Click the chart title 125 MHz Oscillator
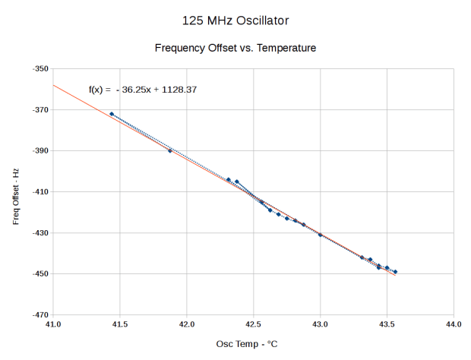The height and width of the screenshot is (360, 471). (235, 18)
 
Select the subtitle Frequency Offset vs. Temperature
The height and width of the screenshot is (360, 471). (235, 48)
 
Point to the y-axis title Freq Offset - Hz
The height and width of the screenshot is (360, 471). (16, 191)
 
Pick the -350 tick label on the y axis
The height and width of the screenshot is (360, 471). (40, 69)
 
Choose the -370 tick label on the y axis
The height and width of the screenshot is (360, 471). (40, 110)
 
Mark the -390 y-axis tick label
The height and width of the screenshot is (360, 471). (40, 151)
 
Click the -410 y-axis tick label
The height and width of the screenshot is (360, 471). (40, 192)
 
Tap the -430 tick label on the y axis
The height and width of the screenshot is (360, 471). (40, 233)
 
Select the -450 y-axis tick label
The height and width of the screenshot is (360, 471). (40, 273)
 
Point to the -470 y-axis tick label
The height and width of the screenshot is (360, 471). (40, 314)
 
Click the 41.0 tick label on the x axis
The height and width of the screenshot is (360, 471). (53, 324)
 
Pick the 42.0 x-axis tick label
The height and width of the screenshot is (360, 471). (187, 324)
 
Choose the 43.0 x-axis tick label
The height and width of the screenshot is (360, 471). (320, 324)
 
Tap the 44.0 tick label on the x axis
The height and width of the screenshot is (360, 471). (454, 324)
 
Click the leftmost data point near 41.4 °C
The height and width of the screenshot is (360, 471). (112, 114)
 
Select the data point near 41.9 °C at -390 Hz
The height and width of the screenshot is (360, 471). (170, 150)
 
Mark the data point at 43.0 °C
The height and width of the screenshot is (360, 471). (320, 235)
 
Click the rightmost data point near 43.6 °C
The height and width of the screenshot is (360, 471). (395, 272)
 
